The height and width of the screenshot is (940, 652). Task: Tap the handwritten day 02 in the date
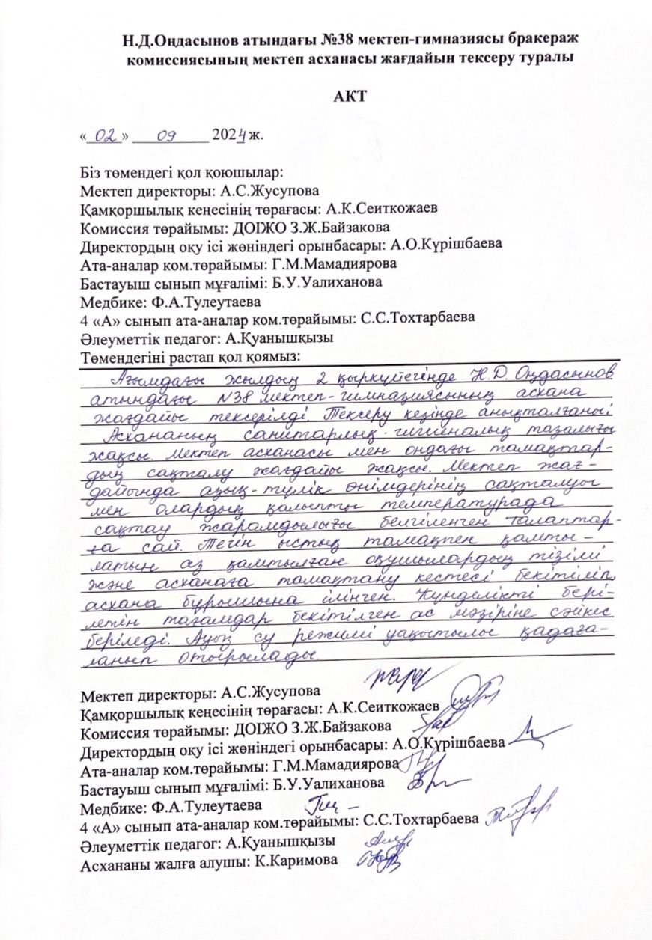tap(107, 137)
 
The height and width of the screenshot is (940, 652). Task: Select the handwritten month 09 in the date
tap(166, 137)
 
